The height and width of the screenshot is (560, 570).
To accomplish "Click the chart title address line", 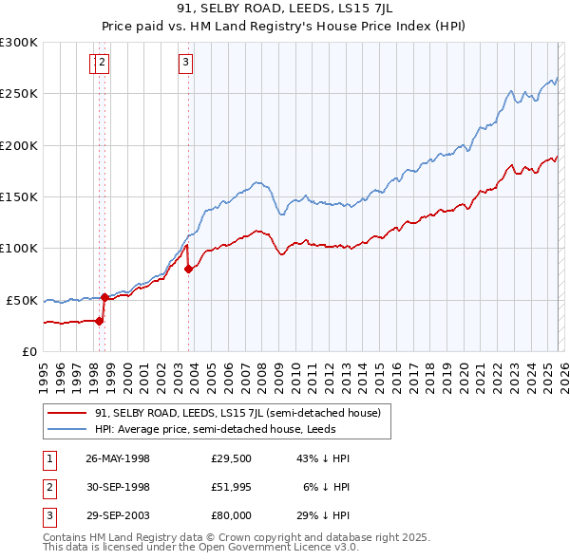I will pos(285,8).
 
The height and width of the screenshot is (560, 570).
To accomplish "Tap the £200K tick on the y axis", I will pos(19,145).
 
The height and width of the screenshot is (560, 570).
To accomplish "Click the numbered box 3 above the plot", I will pos(184,64).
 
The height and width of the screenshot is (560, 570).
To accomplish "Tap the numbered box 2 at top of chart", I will pos(102,64).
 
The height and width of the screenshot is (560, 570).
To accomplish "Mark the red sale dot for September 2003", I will pos(188,269).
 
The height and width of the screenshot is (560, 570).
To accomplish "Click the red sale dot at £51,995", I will pos(104,297).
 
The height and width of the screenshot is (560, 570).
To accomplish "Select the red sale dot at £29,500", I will pos(99,321).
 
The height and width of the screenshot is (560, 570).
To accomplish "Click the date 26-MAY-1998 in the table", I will pos(118,458).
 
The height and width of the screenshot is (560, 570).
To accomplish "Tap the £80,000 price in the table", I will pos(232,515).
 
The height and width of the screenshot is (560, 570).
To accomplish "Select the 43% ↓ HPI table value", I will pos(322,458).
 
